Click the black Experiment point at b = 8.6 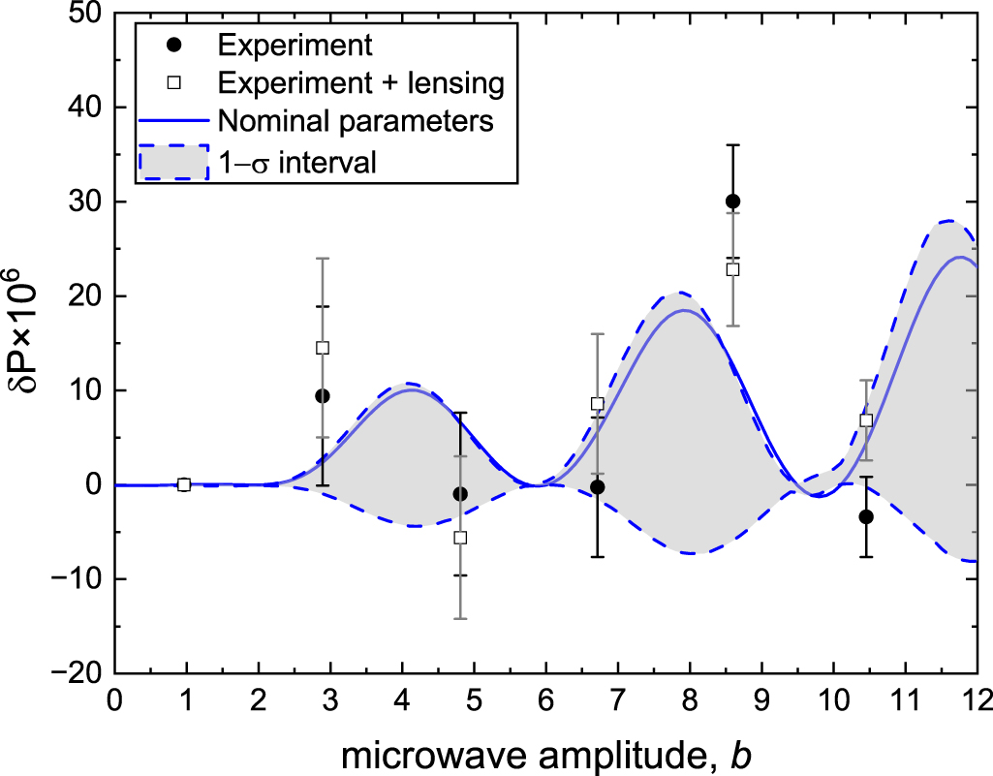tap(732, 202)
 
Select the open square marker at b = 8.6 tap(732, 269)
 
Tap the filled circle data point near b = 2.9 tap(323, 395)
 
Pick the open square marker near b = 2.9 tap(323, 348)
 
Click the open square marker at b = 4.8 tap(460, 538)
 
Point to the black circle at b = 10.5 tap(866, 517)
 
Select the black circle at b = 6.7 tap(598, 487)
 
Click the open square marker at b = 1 tap(184, 484)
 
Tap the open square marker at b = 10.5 tap(866, 420)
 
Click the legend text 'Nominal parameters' tap(357, 122)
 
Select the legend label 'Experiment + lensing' tap(361, 84)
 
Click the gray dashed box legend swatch tap(173, 162)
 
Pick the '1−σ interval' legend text tap(297, 162)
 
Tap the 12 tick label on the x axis tap(976, 699)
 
